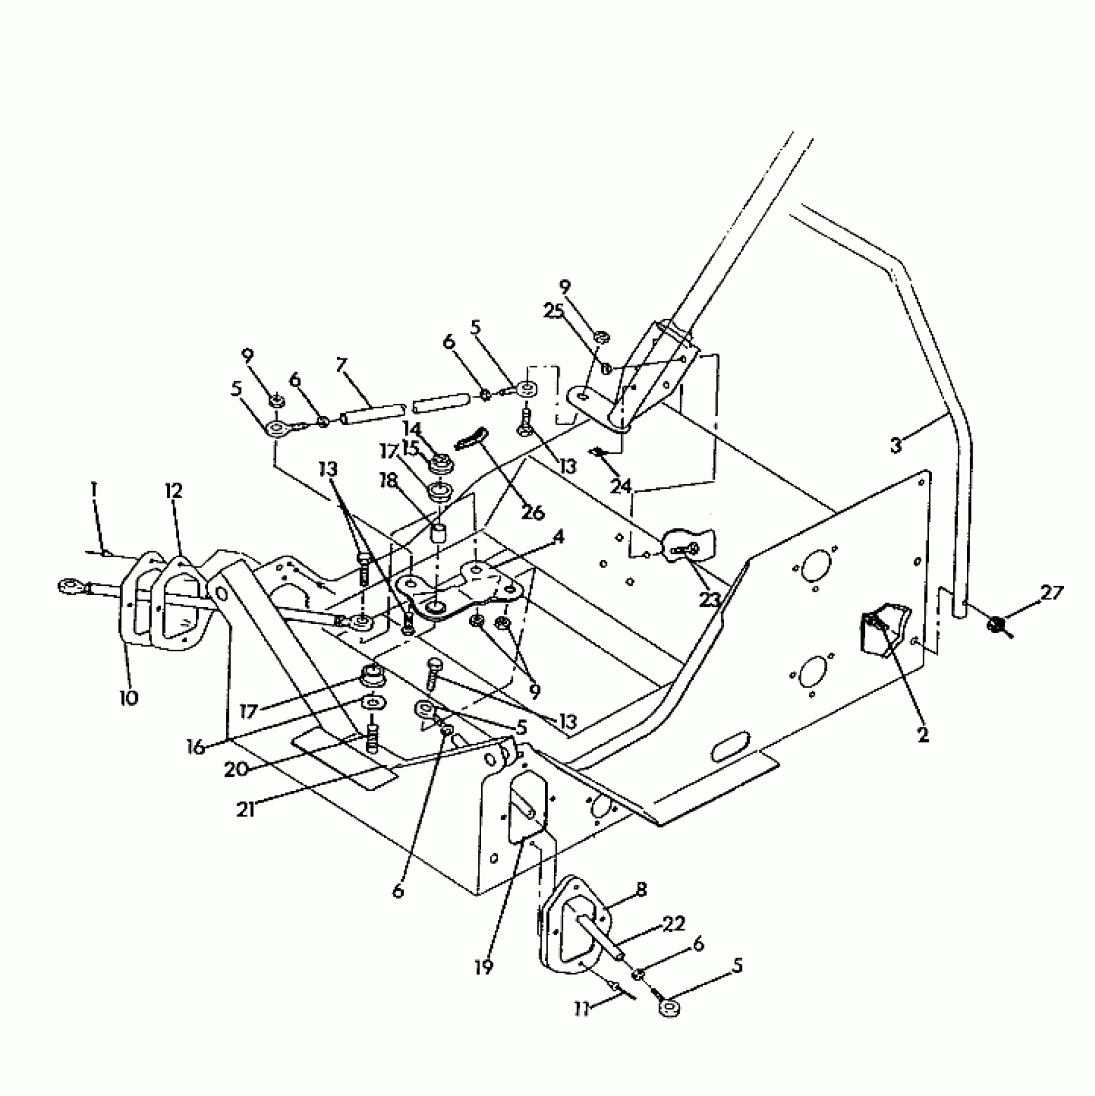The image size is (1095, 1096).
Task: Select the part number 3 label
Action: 896,445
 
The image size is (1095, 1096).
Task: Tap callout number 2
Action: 923,735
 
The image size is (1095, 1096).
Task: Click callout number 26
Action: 534,513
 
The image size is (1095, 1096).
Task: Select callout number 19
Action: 484,966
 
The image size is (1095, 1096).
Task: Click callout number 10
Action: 129,697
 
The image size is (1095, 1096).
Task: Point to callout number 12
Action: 173,491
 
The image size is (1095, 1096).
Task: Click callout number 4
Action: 558,537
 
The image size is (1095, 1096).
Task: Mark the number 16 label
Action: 196,747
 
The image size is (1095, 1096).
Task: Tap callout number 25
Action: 553,311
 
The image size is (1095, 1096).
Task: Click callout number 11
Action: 582,1009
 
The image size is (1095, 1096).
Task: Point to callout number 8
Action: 640,889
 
